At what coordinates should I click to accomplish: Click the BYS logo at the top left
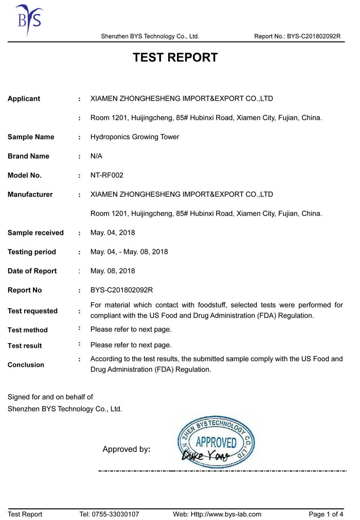[x=28, y=19]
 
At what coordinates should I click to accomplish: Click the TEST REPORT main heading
[x=175, y=58]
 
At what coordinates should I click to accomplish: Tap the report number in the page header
[x=297, y=36]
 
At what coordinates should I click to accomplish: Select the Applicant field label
[x=24, y=99]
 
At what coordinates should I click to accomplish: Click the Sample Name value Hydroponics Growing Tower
[x=135, y=137]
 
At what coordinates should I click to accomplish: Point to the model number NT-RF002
[x=107, y=175]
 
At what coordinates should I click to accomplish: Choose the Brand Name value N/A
[x=97, y=156]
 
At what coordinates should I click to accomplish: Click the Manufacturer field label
[x=30, y=194]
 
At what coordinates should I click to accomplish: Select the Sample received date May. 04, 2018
[x=113, y=233]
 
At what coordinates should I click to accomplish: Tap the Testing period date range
[x=129, y=252]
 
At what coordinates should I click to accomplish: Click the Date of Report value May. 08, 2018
[x=113, y=271]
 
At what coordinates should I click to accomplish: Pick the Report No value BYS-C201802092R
[x=122, y=290]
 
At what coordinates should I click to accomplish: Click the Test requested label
[x=32, y=311]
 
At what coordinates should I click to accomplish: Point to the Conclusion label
[x=26, y=365]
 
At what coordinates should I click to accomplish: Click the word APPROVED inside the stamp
[x=216, y=442]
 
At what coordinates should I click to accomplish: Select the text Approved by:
[x=127, y=450]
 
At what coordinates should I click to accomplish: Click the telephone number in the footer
[x=109, y=514]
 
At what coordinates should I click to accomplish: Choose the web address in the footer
[x=217, y=514]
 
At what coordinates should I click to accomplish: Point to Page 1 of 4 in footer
[x=326, y=514]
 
